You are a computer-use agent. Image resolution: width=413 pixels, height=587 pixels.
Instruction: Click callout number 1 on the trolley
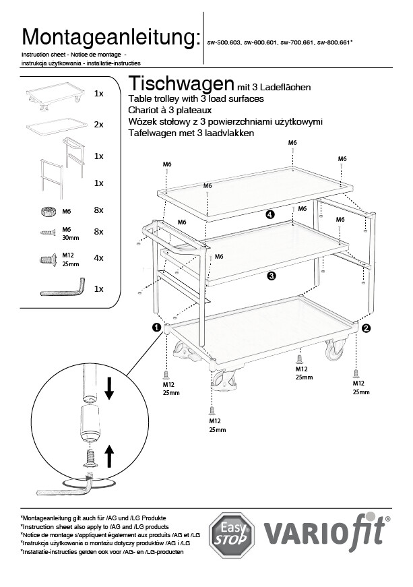[x=156, y=328]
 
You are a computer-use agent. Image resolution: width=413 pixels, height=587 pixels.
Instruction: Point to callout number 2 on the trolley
[x=366, y=328]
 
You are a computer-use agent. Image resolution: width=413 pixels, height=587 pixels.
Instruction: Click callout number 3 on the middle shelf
[x=270, y=275]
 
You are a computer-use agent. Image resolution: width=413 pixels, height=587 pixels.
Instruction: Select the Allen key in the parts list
[x=63, y=288]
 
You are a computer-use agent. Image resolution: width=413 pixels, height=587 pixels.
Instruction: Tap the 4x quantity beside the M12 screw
[x=98, y=258]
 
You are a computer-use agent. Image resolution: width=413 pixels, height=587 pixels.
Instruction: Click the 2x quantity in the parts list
[x=98, y=125]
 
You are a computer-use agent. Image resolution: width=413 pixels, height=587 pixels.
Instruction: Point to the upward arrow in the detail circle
[x=108, y=457]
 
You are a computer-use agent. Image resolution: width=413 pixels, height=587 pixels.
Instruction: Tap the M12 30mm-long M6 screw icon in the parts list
[x=48, y=233]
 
